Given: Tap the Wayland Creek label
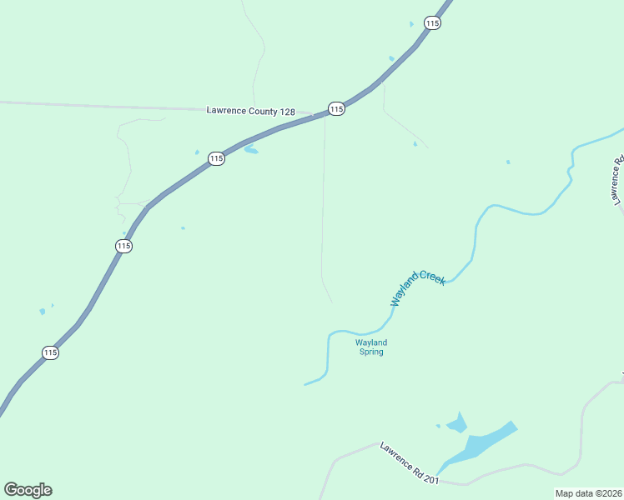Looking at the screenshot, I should click(418, 287).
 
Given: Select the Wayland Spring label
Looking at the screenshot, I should click(371, 347).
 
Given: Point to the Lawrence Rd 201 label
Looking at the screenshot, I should click(410, 462).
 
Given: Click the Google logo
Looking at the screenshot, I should click(28, 490).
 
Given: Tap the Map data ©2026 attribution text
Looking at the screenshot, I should click(589, 493).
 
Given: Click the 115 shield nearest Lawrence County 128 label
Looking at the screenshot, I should click(336, 109).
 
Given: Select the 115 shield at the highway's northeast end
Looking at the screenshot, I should click(431, 23).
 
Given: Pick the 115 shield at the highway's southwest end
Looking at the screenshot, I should click(50, 352).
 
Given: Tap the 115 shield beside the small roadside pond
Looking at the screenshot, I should click(216, 158).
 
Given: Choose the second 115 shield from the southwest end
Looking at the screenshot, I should click(124, 246).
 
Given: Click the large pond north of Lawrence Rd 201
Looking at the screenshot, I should click(484, 442).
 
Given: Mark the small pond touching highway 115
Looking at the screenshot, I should click(250, 150).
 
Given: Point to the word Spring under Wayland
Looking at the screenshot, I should click(371, 352).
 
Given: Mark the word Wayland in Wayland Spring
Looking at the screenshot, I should click(371, 342).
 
